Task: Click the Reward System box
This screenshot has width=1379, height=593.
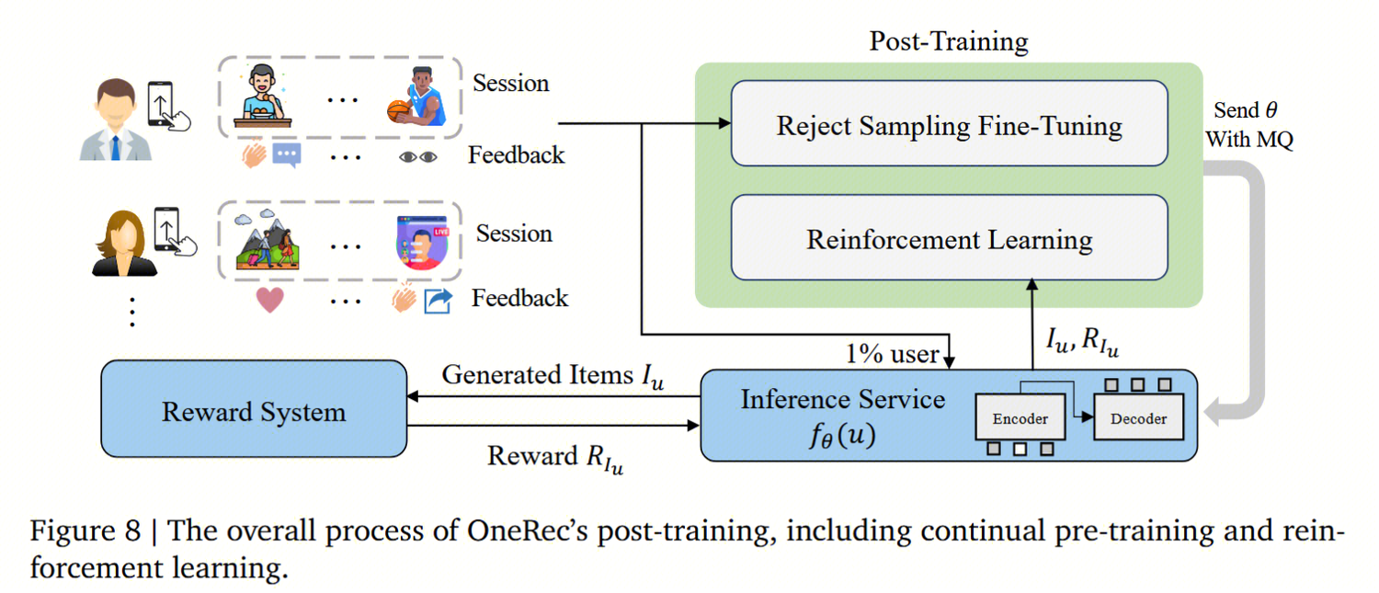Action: click(x=254, y=410)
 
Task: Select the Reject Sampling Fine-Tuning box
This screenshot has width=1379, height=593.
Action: click(x=949, y=124)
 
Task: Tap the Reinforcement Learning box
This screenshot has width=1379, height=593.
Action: click(x=949, y=239)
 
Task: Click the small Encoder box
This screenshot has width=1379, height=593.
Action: click(x=1020, y=418)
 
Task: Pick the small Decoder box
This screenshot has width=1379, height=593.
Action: click(x=1138, y=418)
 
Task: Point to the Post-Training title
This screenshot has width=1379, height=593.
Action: click(x=948, y=41)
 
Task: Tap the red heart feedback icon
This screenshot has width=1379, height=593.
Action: click(x=268, y=300)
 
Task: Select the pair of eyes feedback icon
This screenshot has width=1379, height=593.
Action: click(x=418, y=157)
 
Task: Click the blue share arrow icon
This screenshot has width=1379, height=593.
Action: click(x=437, y=301)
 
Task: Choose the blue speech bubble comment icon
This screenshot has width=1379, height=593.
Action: click(x=287, y=155)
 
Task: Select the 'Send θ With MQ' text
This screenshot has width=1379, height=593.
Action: click(x=1248, y=125)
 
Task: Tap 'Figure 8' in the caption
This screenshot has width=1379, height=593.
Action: click(x=85, y=531)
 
